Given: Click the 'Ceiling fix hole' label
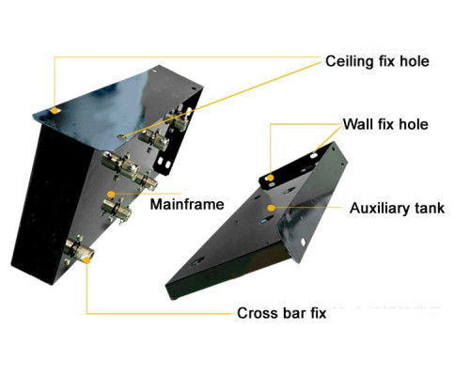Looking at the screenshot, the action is pyautogui.click(x=377, y=61).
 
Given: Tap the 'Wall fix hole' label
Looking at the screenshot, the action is pyautogui.click(x=385, y=124).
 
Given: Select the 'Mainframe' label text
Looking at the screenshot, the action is pyautogui.click(x=187, y=204).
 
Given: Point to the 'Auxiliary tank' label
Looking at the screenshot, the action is pyautogui.click(x=397, y=208).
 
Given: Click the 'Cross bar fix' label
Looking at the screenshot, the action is pyautogui.click(x=281, y=313).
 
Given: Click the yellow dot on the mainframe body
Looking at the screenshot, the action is pyautogui.click(x=111, y=195).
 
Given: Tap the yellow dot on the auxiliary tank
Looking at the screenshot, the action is pyautogui.click(x=272, y=208).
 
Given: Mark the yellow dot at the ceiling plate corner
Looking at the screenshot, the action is pyautogui.click(x=55, y=110).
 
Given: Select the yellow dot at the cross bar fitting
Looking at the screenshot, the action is pyautogui.click(x=86, y=259).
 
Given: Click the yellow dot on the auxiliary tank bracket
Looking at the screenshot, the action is pyautogui.click(x=271, y=178).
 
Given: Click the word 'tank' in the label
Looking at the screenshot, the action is pyautogui.click(x=429, y=208).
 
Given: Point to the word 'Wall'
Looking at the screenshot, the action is pyautogui.click(x=358, y=124).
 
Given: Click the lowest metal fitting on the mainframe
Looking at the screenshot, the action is pyautogui.click(x=78, y=249).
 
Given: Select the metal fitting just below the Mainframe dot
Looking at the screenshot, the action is pyautogui.click(x=116, y=209).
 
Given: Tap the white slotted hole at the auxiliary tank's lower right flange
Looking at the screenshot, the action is pyautogui.click(x=303, y=242).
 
